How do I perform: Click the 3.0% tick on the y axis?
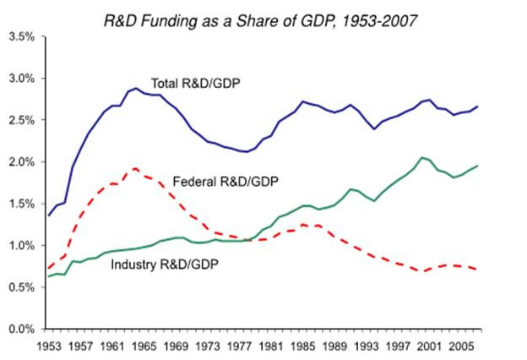21,79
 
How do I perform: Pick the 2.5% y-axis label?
21,120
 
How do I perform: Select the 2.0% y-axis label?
21,162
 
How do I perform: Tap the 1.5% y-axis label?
21,204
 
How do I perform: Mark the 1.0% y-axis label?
21,246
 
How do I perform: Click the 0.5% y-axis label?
21,287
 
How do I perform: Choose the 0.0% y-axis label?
21,330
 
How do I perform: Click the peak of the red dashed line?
135,168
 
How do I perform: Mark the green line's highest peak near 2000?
422,157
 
